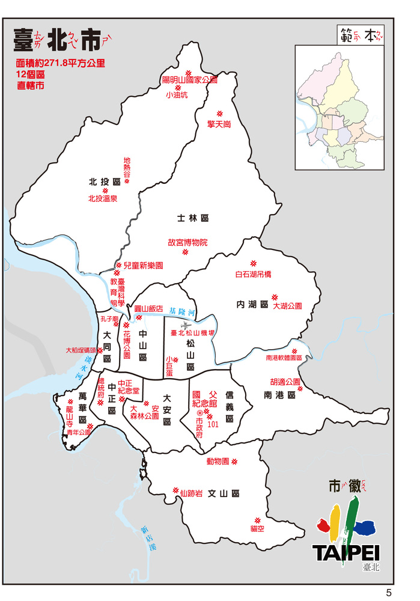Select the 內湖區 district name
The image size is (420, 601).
pos(252,305)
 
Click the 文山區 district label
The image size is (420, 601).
pos(224,493)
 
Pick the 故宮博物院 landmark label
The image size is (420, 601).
pos(187,243)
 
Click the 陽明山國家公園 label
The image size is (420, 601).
pos(189,79)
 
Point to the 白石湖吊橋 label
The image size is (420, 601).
pos(253,275)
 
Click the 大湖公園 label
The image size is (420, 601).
pos(287,306)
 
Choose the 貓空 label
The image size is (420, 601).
pos(257,529)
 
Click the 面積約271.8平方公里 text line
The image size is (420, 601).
pos(61,63)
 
